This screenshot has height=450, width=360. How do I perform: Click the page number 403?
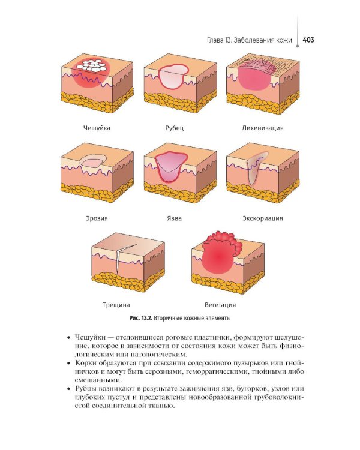click(308, 40)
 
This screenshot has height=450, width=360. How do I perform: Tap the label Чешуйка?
click(97, 128)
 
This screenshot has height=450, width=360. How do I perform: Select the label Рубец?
click(174, 128)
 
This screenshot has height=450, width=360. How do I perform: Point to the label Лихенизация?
click(262, 128)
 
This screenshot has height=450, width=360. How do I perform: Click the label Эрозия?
click(97, 218)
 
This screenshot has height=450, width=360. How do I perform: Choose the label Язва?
click(174, 218)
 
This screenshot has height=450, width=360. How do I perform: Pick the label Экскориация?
click(263, 218)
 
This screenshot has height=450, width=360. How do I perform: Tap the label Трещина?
click(116, 305)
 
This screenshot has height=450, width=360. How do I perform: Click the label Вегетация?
click(220, 305)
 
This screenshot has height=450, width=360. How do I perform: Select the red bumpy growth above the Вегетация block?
click(224, 241)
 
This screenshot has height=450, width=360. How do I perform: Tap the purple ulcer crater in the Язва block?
click(171, 167)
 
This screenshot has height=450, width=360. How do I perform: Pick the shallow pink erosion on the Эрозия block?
click(92, 161)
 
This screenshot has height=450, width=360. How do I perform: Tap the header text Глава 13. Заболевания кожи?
click(249, 40)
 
